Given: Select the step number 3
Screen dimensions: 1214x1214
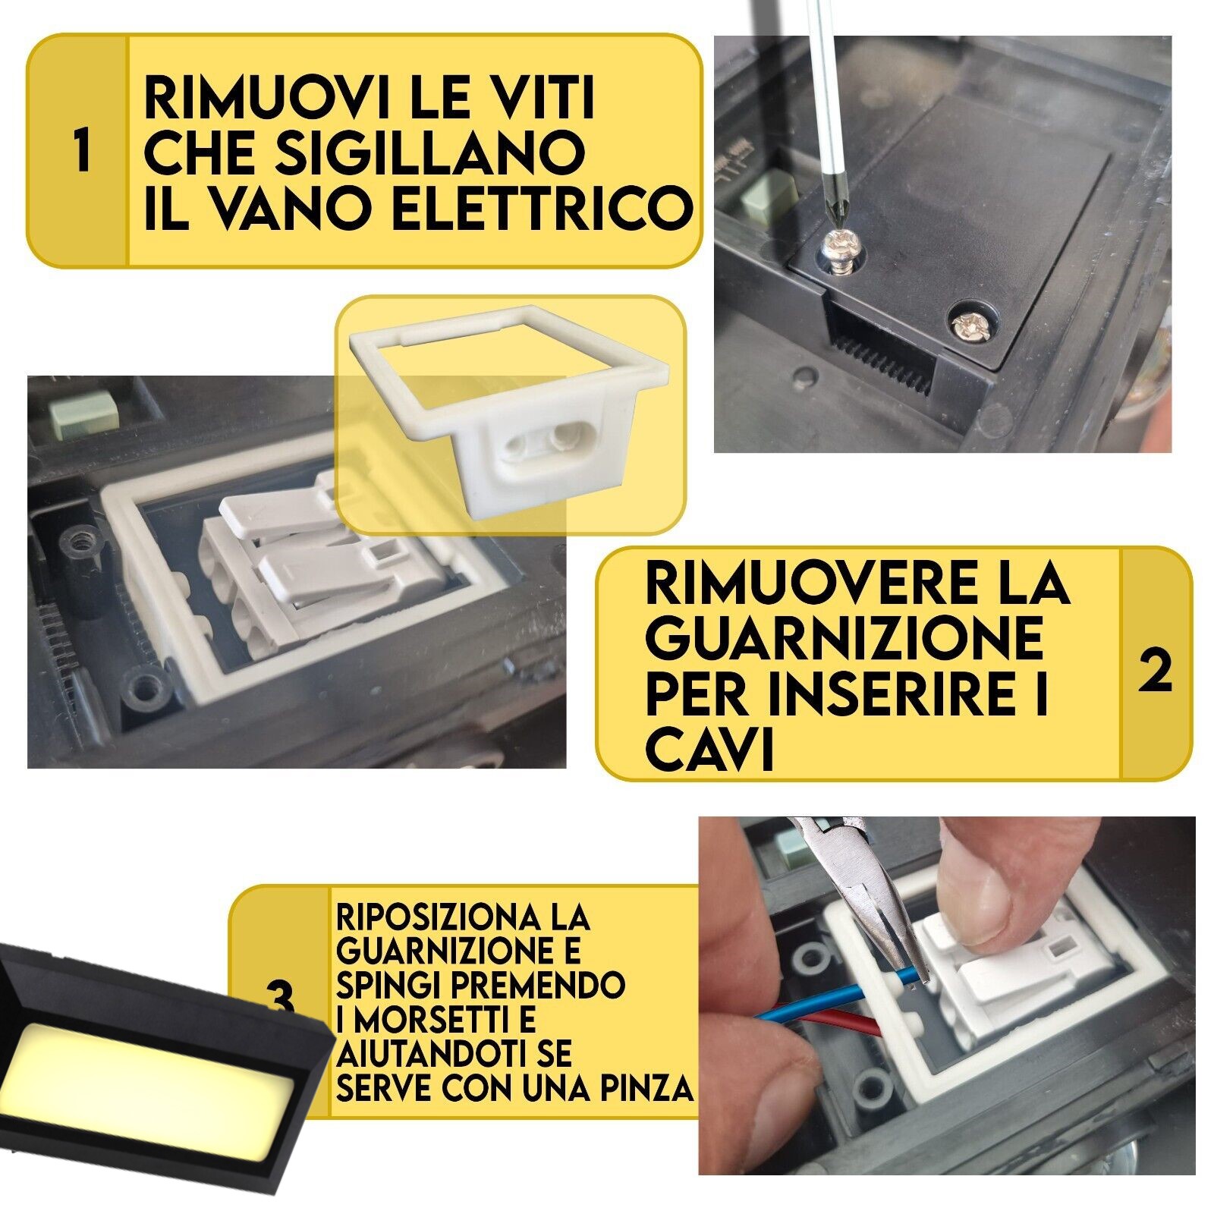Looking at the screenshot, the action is click(281, 1000).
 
